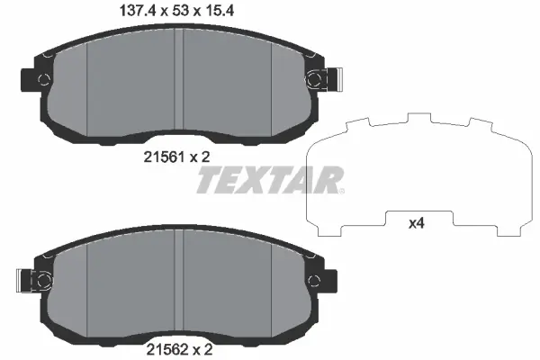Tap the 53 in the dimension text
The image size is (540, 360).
coord(175,12)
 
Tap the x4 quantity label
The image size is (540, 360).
coord(417,223)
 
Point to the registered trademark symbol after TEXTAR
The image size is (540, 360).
coord(340,190)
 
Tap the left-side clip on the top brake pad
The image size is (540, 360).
coord(32,79)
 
